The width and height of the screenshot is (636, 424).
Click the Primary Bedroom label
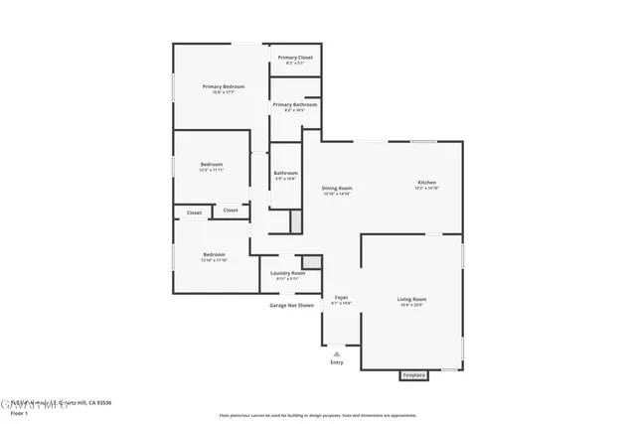click(224, 87)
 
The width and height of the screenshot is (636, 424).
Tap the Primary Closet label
click(295, 58)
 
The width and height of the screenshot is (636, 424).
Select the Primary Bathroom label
click(295, 104)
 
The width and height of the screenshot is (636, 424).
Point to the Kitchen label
click(426, 183)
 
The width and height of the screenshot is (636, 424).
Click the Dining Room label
click(337, 188)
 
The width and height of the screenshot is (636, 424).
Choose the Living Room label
click(411, 299)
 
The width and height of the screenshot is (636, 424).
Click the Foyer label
click(341, 297)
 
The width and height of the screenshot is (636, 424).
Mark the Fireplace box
click(413, 375)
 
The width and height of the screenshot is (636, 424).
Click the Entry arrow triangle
click(337, 353)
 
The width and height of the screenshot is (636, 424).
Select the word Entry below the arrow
click(337, 362)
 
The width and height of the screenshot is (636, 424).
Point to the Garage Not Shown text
click(291, 305)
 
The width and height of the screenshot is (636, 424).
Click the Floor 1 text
click(19, 411)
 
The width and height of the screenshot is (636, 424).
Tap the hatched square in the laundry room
click(312, 262)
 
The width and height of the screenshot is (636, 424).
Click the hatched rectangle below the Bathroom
click(295, 221)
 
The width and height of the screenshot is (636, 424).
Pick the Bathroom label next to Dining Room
click(285, 173)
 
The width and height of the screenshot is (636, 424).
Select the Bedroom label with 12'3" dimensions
click(212, 164)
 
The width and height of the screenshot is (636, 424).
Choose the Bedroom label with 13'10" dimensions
click(214, 254)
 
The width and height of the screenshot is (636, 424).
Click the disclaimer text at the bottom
click(316, 416)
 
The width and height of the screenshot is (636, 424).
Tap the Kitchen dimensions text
click(426, 189)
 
